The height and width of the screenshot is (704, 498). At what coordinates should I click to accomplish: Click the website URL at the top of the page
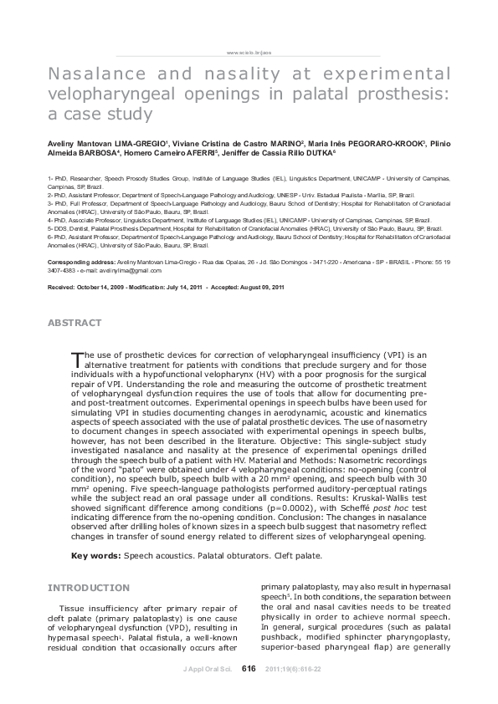(x=249, y=52)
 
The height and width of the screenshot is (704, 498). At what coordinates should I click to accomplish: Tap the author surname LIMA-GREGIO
(x=143, y=145)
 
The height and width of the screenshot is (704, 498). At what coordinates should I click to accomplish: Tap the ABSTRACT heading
(x=74, y=322)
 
